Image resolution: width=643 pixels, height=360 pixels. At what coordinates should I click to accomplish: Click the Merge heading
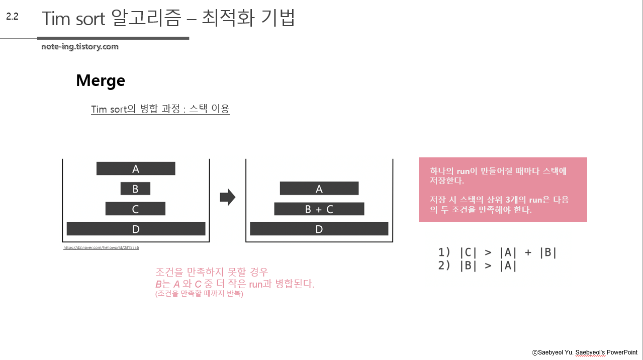(101, 80)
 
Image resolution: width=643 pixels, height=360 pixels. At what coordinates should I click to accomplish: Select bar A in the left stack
(136, 169)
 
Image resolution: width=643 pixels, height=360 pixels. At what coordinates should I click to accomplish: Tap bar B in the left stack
(135, 189)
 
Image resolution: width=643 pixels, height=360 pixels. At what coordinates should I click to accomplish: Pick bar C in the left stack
(135, 209)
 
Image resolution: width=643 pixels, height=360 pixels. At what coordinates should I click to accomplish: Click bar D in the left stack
(136, 229)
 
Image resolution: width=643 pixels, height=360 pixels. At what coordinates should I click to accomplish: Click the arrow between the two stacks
(228, 197)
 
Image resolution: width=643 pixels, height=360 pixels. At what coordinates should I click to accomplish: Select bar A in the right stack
(319, 189)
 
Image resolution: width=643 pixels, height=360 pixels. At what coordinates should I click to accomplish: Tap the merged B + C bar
(319, 209)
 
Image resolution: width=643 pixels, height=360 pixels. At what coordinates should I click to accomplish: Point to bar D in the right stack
(319, 229)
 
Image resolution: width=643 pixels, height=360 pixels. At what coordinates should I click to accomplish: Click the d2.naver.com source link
(101, 247)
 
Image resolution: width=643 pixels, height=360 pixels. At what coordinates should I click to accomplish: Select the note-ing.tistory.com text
(80, 47)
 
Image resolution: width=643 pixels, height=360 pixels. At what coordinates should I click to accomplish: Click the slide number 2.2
(12, 17)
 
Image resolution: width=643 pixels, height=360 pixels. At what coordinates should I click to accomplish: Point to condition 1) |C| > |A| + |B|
(497, 252)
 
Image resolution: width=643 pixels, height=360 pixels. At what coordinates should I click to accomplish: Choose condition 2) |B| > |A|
(477, 265)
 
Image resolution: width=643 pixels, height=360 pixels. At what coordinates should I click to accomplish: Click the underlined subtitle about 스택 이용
(160, 109)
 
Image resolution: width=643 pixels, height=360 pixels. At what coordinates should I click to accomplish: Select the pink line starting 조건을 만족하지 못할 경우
(212, 272)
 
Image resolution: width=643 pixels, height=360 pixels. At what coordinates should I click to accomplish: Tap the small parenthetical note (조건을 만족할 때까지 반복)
(199, 294)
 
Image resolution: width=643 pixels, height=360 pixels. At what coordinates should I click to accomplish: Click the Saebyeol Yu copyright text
(585, 352)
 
